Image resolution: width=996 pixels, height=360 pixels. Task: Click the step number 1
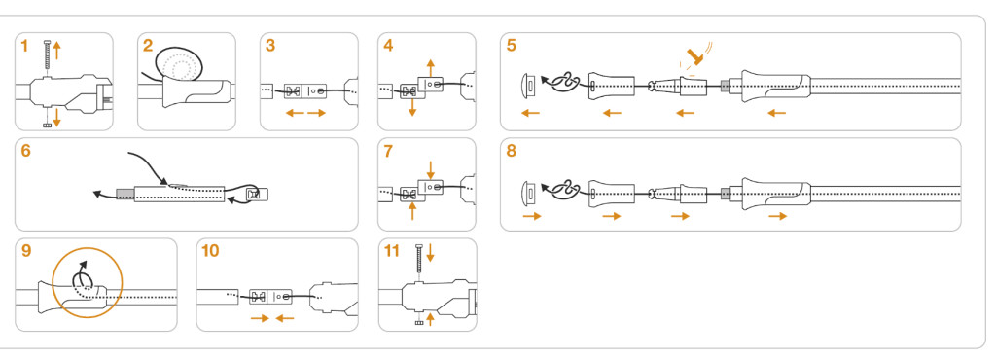point(24,46)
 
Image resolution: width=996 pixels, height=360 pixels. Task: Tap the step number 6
point(25,151)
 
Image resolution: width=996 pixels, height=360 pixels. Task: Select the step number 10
point(210,251)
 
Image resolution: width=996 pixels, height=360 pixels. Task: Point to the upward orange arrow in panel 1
point(56,50)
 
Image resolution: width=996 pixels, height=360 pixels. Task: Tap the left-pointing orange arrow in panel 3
point(294,113)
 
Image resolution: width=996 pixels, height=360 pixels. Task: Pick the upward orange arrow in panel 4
point(431,67)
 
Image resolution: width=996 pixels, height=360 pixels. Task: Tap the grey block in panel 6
point(125,193)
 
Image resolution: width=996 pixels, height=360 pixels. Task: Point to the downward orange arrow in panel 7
point(431,169)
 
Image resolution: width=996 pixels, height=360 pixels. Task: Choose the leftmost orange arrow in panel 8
point(532,216)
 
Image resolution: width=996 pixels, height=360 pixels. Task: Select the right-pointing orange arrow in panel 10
point(261,318)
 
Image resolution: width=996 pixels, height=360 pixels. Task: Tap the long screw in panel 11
point(419,260)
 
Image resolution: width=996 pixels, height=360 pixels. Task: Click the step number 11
point(392,251)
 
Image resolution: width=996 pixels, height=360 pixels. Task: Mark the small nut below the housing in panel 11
point(419,324)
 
